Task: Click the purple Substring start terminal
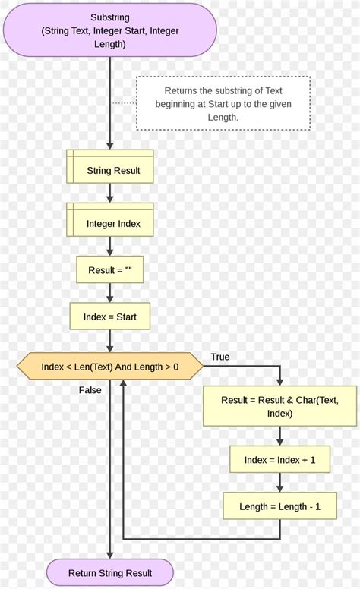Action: click(109, 30)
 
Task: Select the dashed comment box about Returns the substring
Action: click(223, 103)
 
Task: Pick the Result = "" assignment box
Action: click(109, 269)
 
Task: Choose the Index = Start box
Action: click(109, 317)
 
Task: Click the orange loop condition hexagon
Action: click(109, 367)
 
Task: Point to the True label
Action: click(219, 357)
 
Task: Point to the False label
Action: click(90, 390)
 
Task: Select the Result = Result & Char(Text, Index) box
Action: click(279, 406)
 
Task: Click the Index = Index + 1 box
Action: click(279, 459)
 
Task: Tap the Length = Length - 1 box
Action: click(279, 506)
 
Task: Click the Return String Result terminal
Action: click(109, 573)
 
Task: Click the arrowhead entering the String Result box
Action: click(109, 146)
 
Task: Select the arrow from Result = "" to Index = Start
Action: click(109, 293)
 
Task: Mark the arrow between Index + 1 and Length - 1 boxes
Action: click(279, 483)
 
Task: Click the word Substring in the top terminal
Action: click(109, 17)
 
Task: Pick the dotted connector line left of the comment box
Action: click(124, 102)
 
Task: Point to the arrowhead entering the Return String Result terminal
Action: click(109, 556)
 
